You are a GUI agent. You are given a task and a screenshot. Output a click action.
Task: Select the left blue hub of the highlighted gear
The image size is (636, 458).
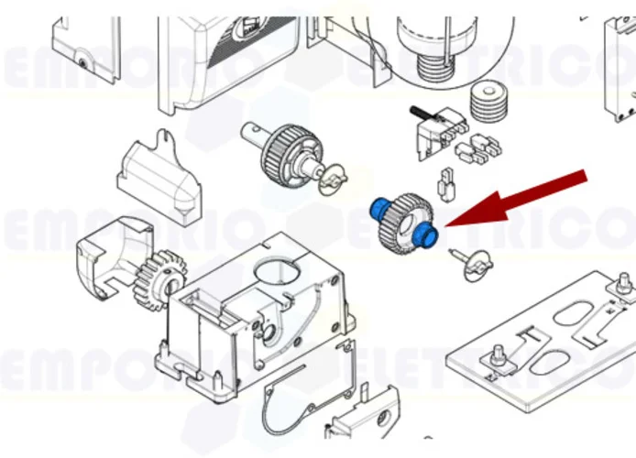(x=377, y=209)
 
